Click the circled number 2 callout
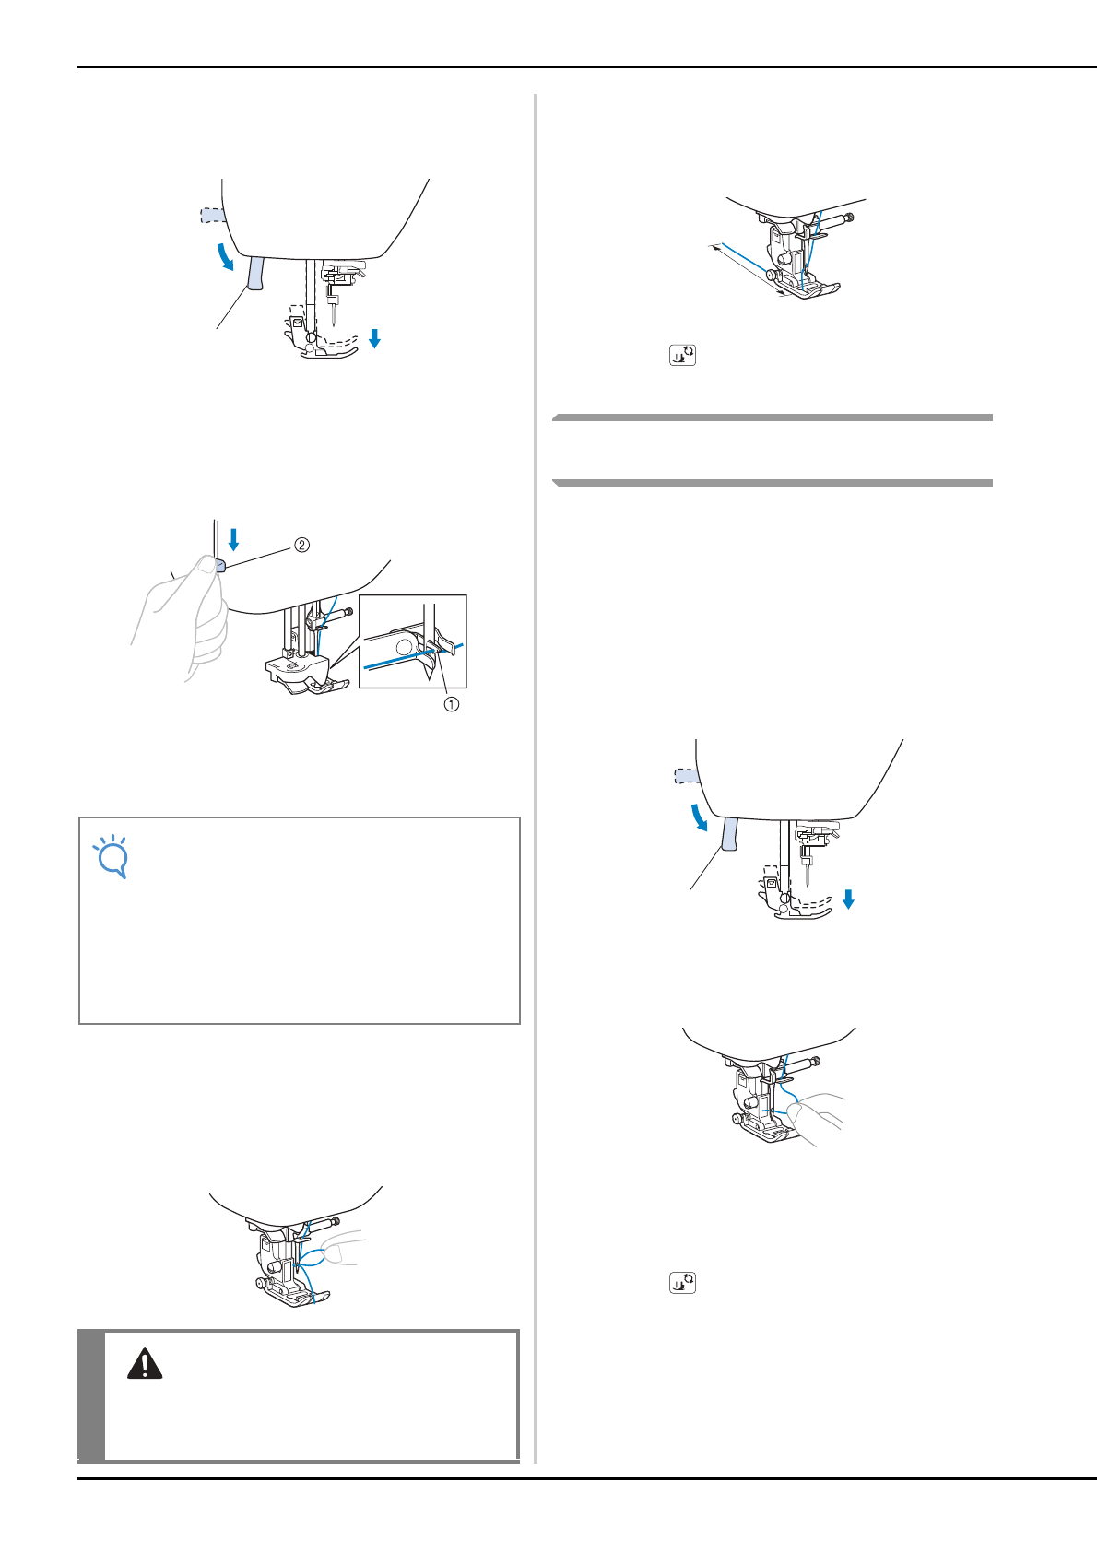(301, 546)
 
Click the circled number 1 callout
(451, 704)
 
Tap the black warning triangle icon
(145, 1364)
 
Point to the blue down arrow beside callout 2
(233, 539)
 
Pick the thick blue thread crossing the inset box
(414, 654)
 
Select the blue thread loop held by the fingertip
(312, 1257)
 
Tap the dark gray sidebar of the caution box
(90, 1395)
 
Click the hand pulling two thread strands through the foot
(818, 1117)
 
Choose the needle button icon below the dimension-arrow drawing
(682, 355)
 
